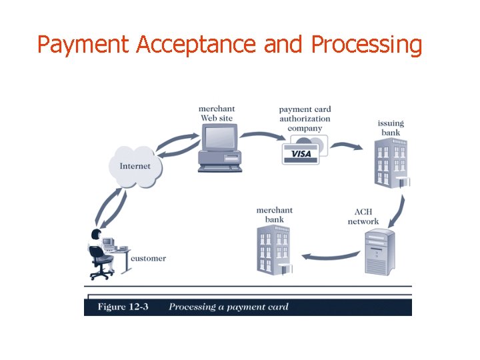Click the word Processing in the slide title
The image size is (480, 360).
(x=367, y=45)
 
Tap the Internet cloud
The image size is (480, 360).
(x=135, y=166)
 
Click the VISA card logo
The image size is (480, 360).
(x=301, y=153)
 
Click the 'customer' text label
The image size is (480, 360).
(x=148, y=258)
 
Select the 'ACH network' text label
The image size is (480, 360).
(x=363, y=217)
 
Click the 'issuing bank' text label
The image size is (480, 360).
(x=391, y=127)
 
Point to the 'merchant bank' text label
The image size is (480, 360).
(x=274, y=215)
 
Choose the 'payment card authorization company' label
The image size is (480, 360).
(x=305, y=119)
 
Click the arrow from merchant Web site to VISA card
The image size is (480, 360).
(x=260, y=136)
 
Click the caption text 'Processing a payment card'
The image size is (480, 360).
(x=229, y=307)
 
